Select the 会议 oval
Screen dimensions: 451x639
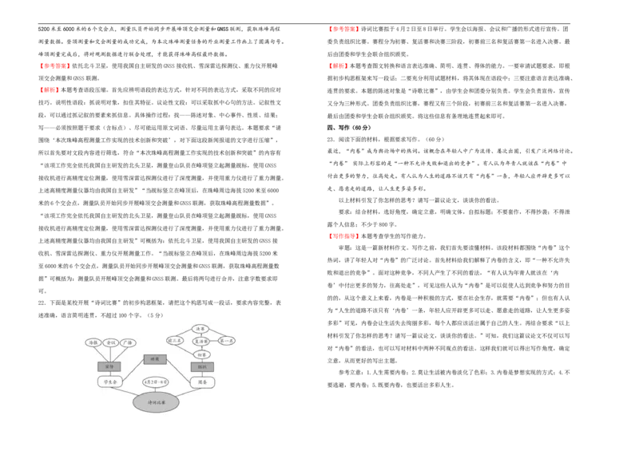click(110, 342)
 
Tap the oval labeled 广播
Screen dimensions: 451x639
click(128, 342)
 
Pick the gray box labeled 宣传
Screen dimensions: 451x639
click(109, 366)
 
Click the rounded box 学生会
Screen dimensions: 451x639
click(109, 382)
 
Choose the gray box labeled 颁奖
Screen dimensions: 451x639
click(155, 359)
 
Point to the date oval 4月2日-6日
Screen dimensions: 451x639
click(155, 382)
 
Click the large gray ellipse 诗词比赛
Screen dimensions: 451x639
click(156, 402)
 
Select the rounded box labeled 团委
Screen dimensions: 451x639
click(202, 382)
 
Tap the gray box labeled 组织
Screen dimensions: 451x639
click(202, 367)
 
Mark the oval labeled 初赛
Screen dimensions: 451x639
click(201, 354)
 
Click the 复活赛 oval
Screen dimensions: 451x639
click(201, 341)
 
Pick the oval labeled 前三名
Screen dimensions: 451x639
click(175, 340)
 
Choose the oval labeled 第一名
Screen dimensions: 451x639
click(227, 341)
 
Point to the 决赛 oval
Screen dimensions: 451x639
click(200, 328)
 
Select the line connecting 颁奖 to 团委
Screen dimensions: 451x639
click(179, 370)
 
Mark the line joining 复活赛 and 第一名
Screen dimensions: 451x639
click(214, 341)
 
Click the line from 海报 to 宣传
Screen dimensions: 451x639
click(99, 354)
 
